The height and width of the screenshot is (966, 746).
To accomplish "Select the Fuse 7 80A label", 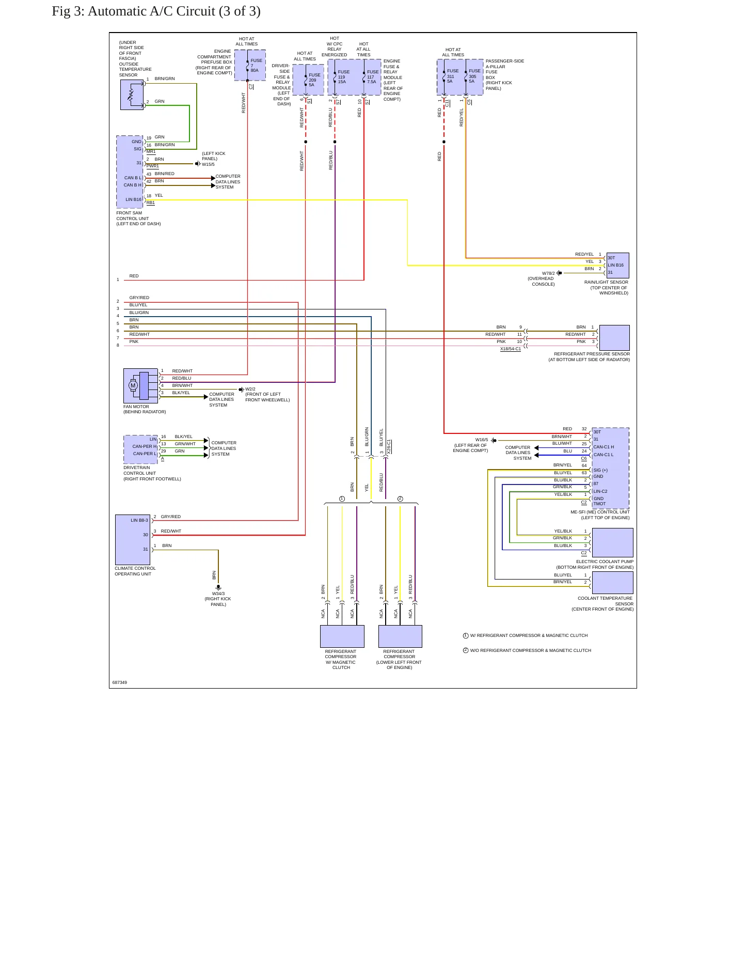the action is point(256,65).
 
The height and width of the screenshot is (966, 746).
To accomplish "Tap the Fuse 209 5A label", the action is point(314,80).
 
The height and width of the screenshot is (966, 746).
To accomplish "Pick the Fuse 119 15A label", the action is point(343,76).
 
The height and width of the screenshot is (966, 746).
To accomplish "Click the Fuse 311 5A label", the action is point(453,76).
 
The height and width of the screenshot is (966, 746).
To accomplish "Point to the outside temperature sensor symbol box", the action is point(132,95).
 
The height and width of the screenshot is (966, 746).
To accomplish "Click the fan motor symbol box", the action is point(140,386).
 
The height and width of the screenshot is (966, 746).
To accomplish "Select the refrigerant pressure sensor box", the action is point(614,338).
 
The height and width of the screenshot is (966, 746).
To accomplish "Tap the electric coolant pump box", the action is point(612,542).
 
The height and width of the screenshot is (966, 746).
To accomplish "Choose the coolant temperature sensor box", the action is point(612,583).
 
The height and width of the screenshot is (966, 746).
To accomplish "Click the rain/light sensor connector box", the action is point(617,265).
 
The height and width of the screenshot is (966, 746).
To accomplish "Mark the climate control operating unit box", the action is point(133,540).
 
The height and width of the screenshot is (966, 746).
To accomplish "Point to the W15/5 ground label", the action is point(208,164).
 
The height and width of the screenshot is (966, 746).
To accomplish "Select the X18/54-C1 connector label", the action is point(511,349).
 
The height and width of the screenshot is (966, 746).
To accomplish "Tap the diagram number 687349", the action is point(120,682).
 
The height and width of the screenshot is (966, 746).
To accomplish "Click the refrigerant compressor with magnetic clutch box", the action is point(342,636).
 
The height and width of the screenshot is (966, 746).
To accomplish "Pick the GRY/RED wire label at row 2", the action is point(139,298).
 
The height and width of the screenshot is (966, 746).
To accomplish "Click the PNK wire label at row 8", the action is point(134,341).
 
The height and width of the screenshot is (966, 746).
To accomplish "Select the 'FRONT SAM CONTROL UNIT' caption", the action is point(138,219).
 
